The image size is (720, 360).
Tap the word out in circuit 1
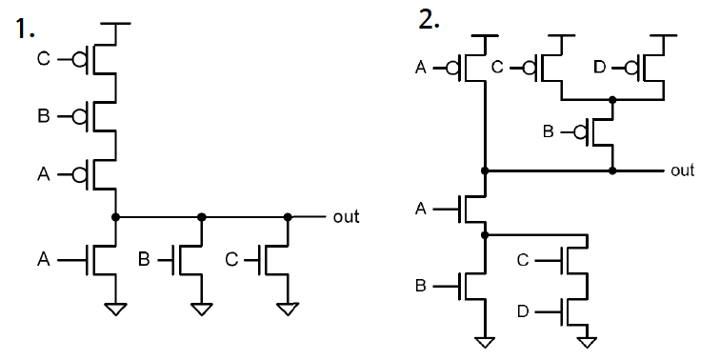coord(346,217)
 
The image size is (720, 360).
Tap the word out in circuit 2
coord(682,170)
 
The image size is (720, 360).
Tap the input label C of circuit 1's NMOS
coord(231,258)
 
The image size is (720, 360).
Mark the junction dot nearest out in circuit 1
coord(287,217)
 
